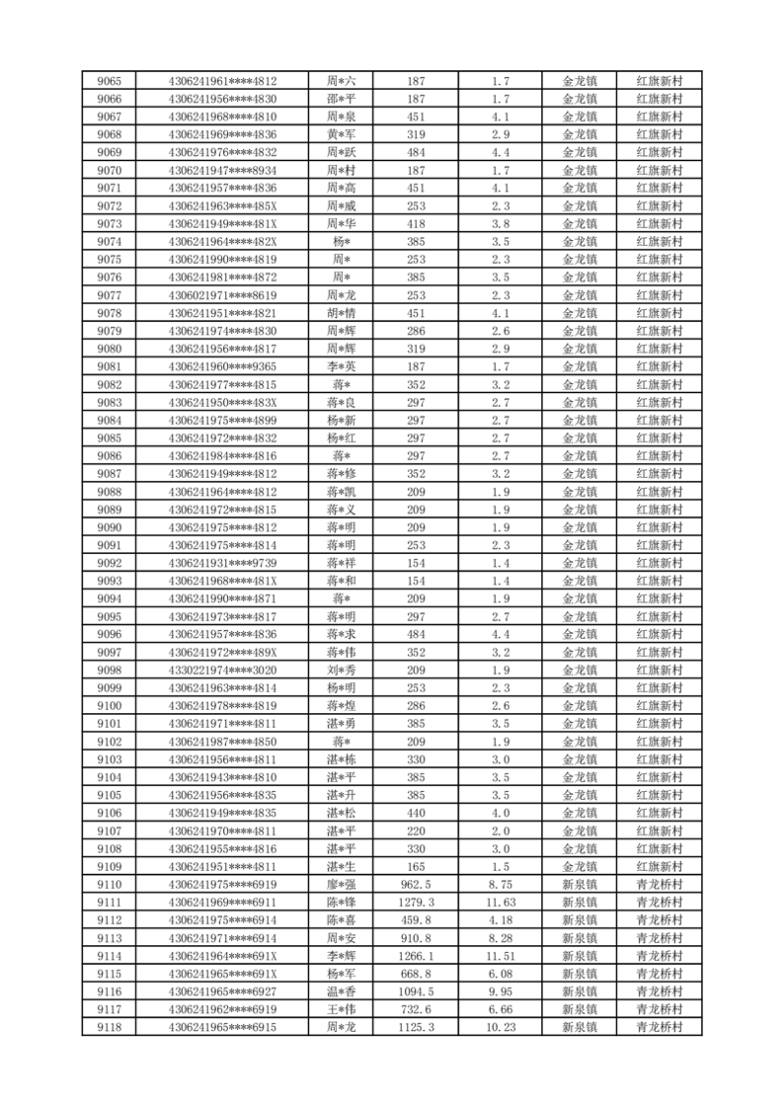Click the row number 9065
tap(110, 81)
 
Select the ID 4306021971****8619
tap(223, 295)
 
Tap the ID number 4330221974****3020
tap(223, 671)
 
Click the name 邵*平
tap(342, 99)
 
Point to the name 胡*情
tap(342, 313)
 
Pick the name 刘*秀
tap(342, 671)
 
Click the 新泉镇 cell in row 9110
tap(580, 885)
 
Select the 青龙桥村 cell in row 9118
tap(660, 1028)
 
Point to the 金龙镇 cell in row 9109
tap(580, 867)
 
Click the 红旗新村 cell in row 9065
tap(660, 81)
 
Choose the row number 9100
tap(110, 706)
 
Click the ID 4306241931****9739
tap(223, 563)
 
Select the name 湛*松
tap(342, 813)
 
